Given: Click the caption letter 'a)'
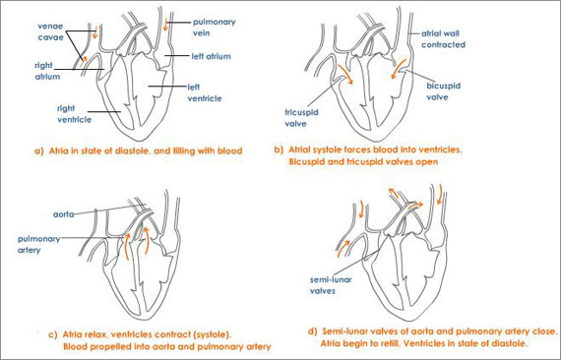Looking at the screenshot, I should tap(39, 152).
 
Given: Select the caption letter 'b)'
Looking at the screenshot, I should tap(280, 149).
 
